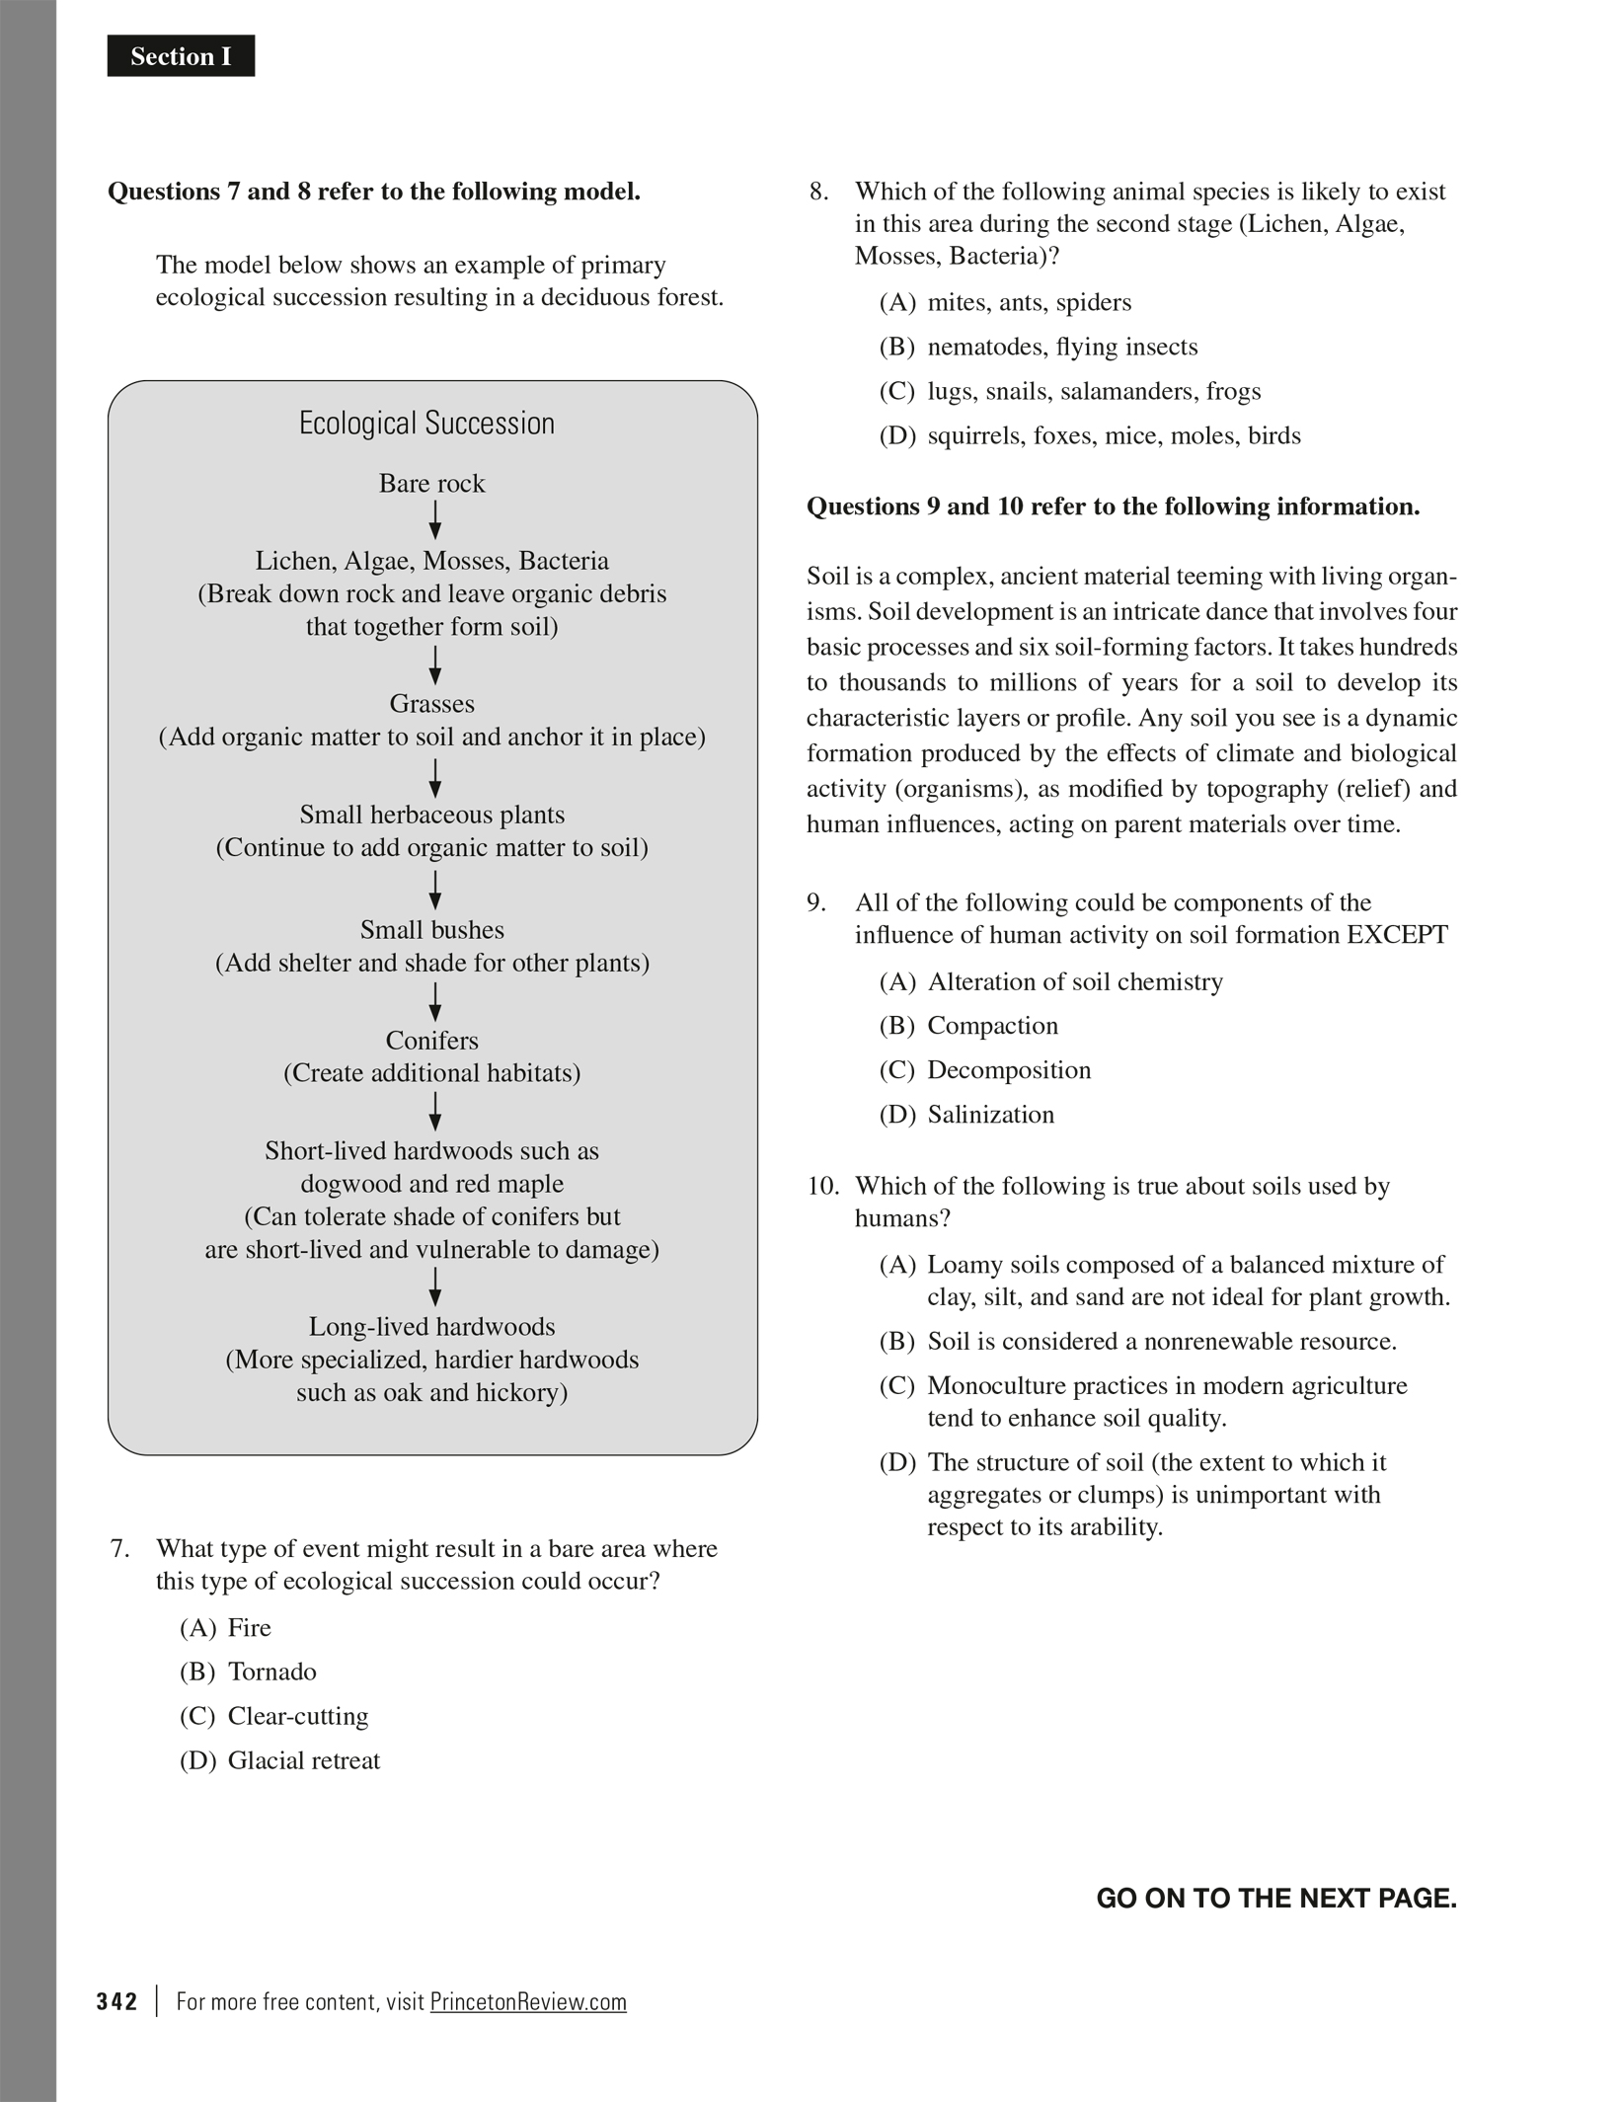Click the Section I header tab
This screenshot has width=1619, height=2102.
(x=181, y=56)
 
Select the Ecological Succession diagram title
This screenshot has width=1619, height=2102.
(x=426, y=424)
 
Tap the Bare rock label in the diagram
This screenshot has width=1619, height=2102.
(x=431, y=484)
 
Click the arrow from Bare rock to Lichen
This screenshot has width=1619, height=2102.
(x=434, y=520)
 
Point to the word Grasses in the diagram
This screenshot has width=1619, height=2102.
(x=431, y=704)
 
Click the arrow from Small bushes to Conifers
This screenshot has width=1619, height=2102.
(x=434, y=1001)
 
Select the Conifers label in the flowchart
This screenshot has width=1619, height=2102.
(x=431, y=1041)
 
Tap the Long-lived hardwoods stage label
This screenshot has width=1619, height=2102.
(x=431, y=1327)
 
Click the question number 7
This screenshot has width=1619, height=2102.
(x=118, y=1548)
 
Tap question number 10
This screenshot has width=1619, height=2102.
(x=822, y=1186)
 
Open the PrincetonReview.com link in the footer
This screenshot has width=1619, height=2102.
(x=528, y=2001)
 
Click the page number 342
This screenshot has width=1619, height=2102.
(x=116, y=2001)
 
